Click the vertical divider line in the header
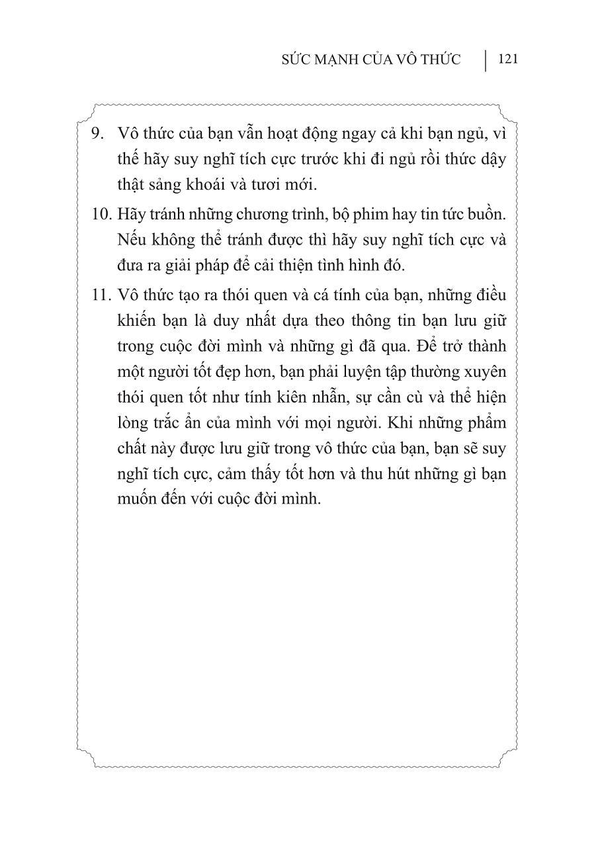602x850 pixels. coord(486,59)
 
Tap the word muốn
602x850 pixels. coord(135,498)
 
